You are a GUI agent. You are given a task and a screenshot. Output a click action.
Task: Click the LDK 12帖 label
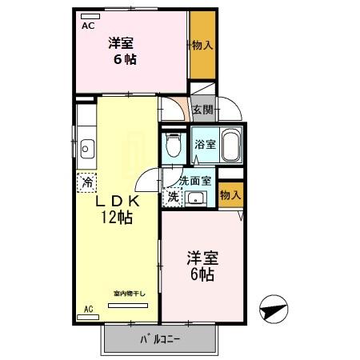115,209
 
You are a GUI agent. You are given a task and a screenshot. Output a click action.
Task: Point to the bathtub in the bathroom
230,145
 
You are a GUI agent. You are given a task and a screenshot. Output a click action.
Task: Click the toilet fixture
172,144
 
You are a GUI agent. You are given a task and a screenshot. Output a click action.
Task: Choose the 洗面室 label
194,182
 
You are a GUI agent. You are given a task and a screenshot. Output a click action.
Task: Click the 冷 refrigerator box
86,182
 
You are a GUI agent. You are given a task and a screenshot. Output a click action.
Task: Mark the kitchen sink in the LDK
86,149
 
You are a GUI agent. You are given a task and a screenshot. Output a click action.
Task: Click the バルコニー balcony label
161,339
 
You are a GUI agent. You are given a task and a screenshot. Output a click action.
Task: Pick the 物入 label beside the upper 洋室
202,45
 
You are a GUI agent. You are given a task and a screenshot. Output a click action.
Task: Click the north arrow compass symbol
273,308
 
